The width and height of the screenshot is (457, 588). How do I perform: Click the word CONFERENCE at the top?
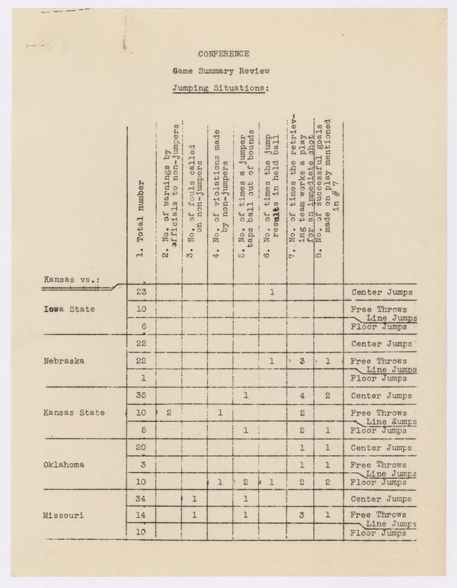224,53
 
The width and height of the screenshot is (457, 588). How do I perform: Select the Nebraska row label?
65,361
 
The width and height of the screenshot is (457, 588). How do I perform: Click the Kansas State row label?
74,413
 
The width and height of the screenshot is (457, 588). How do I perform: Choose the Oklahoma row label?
65,464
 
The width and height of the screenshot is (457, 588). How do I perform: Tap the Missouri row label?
65,516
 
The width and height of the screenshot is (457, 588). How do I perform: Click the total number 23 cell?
141,292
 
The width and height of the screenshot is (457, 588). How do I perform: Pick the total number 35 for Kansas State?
141,396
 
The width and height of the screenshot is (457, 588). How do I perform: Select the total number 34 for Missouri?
141,500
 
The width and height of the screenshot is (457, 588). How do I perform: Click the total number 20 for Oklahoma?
141,448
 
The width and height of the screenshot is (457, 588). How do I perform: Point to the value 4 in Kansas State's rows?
302,396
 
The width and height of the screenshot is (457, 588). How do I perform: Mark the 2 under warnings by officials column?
168,413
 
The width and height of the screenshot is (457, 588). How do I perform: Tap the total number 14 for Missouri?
141,516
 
